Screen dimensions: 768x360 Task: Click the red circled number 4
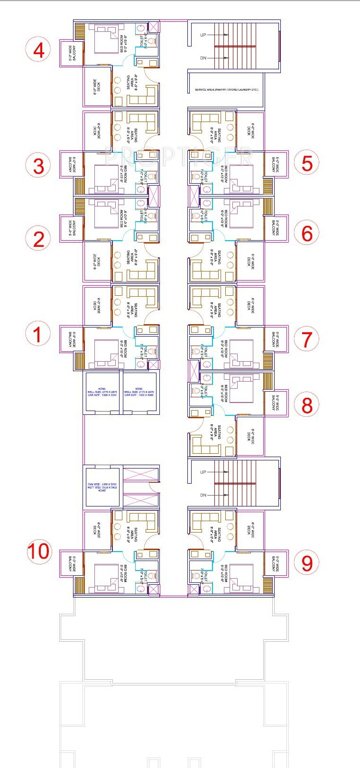[x=39, y=49]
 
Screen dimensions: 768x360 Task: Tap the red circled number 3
[x=39, y=165]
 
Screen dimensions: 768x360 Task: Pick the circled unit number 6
[x=307, y=233]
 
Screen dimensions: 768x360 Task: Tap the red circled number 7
[x=307, y=338]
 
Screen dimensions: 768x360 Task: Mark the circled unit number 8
[x=307, y=405]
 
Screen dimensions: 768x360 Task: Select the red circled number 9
[x=307, y=562]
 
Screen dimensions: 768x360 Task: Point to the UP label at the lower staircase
[x=203, y=471]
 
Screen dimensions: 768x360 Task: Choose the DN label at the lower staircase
[x=203, y=495]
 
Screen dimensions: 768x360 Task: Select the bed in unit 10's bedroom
[x=104, y=574]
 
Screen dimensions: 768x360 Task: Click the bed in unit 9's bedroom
[x=244, y=574]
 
